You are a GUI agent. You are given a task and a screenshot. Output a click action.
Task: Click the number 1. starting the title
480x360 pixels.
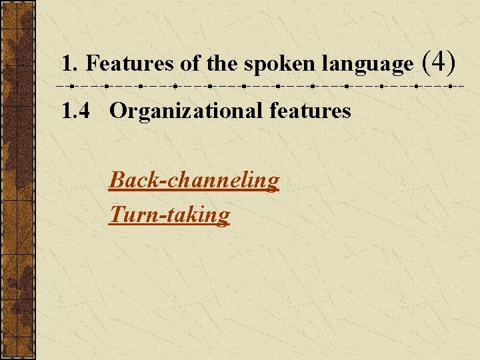click(x=70, y=64)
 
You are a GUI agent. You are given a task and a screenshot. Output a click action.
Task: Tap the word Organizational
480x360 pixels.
click(x=186, y=111)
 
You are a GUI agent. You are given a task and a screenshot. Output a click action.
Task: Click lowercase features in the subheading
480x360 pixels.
click(x=310, y=111)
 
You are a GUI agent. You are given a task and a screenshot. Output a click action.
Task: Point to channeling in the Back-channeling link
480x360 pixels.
click(x=221, y=181)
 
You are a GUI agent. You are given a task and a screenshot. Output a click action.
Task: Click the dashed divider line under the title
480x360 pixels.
click(x=260, y=87)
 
